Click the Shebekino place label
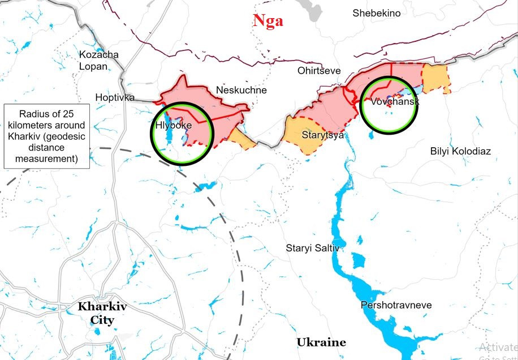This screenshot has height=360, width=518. point(376,13)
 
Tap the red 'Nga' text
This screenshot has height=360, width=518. point(268,22)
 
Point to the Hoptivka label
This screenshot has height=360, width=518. point(115,97)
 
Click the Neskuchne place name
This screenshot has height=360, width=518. point(241,90)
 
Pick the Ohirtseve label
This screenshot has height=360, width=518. point(319,71)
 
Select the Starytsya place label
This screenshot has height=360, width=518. point(322,135)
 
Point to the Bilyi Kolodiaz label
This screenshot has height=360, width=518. point(460,151)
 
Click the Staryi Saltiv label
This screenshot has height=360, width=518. point(312,248)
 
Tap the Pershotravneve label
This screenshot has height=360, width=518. point(396,305)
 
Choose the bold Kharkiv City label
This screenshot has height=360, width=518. point(102,313)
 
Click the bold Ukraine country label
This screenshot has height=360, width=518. point(321,342)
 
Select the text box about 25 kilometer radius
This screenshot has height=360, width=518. point(46,136)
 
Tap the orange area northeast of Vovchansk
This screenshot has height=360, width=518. point(435,78)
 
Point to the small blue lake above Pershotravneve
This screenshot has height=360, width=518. point(358,261)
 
